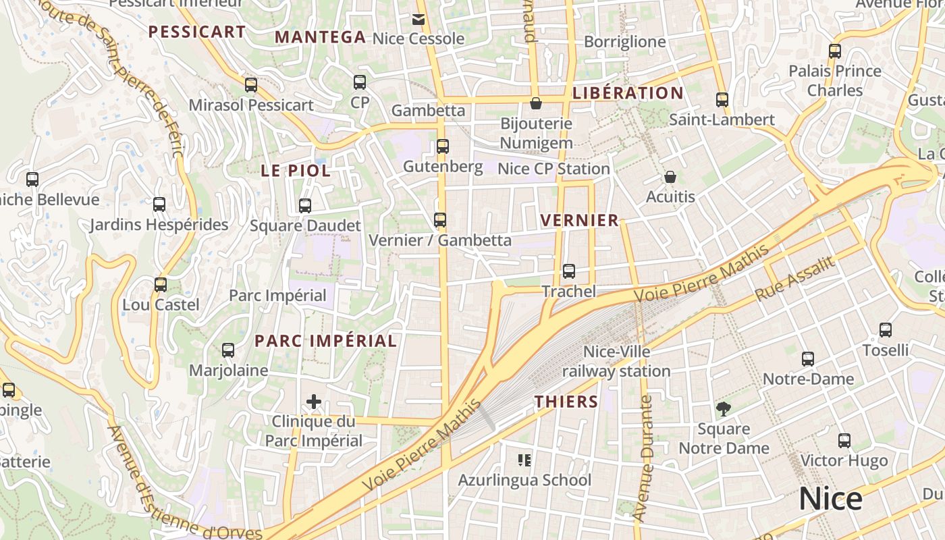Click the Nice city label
830,499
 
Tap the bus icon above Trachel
569,271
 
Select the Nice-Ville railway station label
616,361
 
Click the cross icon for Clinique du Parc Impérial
314,402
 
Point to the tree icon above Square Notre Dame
723,408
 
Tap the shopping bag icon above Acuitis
670,177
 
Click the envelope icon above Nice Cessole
418,19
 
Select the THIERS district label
566,402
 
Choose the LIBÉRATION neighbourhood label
628,93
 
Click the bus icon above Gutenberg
443,146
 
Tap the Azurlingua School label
524,480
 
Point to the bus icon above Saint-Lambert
722,100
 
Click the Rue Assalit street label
796,277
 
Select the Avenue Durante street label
645,458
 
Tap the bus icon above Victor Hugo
844,441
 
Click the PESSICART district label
196,32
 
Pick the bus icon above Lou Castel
161,284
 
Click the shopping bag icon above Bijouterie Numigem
536,103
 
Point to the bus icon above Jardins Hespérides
159,205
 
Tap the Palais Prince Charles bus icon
835,51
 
